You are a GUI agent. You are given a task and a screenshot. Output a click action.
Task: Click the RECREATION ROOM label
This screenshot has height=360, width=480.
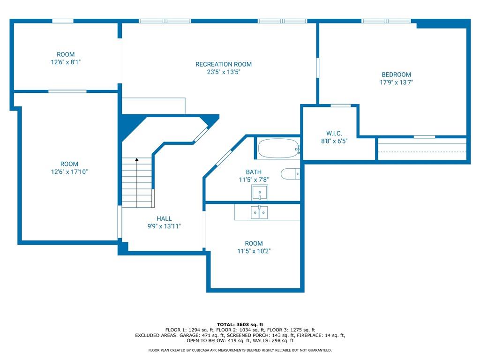point(224,64)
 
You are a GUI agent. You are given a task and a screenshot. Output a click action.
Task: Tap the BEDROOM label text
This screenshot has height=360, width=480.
point(396,75)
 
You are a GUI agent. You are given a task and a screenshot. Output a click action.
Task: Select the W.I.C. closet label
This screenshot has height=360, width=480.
point(334,134)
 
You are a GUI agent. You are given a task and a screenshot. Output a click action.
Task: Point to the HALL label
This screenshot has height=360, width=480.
point(164,218)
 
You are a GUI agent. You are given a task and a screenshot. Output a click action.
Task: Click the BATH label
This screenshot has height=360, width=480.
point(254,172)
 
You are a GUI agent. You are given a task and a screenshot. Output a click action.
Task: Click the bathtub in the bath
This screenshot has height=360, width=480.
point(278,149)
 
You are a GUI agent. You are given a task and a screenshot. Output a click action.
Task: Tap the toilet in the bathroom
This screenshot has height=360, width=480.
point(290,174)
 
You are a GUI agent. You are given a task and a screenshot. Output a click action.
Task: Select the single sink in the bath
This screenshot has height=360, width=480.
point(260,193)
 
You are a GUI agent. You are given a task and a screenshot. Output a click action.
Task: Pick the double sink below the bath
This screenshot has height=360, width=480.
point(259,212)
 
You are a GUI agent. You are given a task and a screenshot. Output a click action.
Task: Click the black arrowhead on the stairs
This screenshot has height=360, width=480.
point(137,159)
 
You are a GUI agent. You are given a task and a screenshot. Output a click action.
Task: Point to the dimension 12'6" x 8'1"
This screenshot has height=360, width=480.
point(66,62)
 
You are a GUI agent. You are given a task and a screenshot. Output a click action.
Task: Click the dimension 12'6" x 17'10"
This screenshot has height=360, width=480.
point(69,172)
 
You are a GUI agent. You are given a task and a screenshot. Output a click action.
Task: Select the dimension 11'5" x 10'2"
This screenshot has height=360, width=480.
point(254,251)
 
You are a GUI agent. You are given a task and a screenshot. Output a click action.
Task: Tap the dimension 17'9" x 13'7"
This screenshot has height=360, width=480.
point(396,82)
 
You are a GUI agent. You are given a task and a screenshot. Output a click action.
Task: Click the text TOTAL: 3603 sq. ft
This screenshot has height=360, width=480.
point(240,324)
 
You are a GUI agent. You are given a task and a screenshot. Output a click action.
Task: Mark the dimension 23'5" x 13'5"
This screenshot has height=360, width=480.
point(224,72)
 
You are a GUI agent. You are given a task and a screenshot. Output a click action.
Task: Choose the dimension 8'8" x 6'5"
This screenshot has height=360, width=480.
point(334,141)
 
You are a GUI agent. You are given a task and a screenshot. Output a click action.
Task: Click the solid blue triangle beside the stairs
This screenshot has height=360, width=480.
point(130,126)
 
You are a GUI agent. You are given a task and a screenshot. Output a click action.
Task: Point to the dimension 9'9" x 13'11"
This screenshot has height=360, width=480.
point(164,226)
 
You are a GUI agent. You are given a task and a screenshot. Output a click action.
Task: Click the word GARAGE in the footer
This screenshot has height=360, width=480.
point(188,336)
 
